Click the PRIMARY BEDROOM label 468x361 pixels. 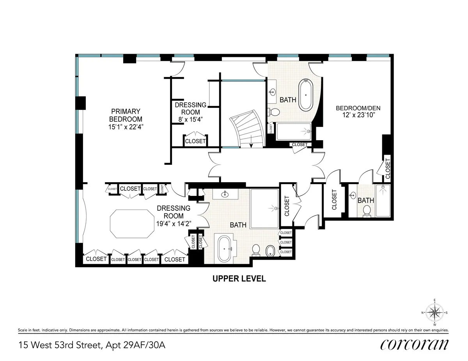(x=126, y=115)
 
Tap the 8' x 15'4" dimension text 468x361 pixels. (x=190, y=119)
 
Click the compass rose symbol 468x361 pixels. (x=434, y=312)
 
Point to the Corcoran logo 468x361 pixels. (x=414, y=345)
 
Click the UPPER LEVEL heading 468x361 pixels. (x=239, y=279)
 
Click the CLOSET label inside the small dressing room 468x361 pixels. (x=195, y=141)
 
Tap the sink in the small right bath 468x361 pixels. (x=353, y=195)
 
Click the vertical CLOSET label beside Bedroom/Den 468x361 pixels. (x=387, y=168)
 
